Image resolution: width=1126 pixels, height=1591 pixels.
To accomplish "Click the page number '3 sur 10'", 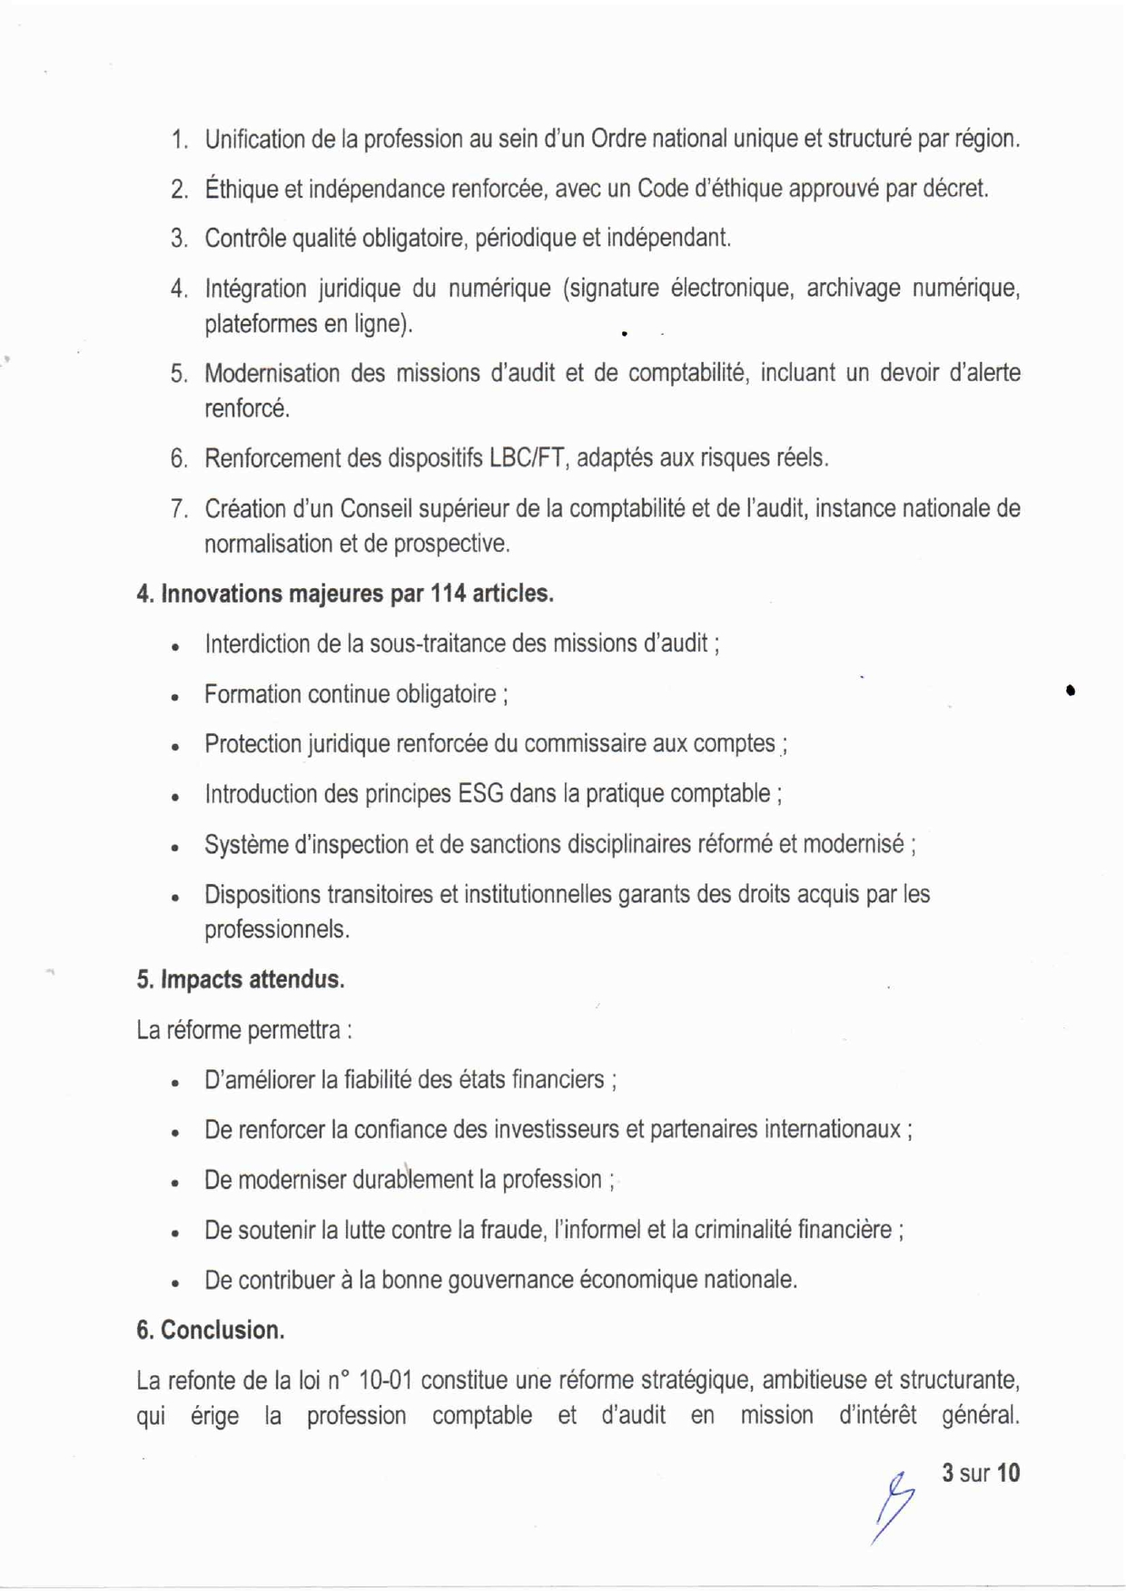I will (x=981, y=1472).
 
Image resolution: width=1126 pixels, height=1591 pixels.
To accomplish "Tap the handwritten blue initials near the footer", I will (x=894, y=1502).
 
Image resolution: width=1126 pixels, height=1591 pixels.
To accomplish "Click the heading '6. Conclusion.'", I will (x=211, y=1331).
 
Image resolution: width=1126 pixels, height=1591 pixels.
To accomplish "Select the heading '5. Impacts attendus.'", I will (x=241, y=980).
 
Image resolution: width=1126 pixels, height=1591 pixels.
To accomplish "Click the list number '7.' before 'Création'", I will (x=179, y=509).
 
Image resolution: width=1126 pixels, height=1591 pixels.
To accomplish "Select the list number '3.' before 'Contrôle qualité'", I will (x=179, y=239).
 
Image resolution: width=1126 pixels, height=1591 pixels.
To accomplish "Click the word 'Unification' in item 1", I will (x=254, y=140).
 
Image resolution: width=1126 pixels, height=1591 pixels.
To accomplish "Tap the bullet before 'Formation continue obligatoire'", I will (x=174, y=697).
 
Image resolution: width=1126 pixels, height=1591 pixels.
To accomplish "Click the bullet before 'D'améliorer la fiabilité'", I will (x=174, y=1083).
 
